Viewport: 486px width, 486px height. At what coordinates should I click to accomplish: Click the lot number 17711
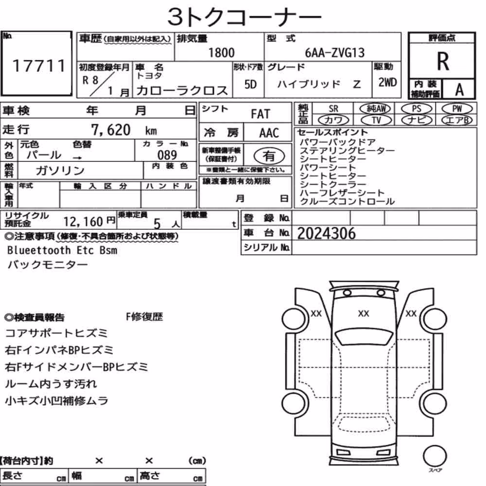coord(39,66)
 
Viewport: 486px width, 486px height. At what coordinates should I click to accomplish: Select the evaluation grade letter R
coord(443,61)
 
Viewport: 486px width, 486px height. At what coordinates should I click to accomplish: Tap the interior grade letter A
coord(459,89)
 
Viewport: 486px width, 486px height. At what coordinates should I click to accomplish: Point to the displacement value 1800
coord(221,52)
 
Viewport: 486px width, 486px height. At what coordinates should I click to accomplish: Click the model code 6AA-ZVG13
coord(335,52)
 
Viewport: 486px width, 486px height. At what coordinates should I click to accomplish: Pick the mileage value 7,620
coord(111,130)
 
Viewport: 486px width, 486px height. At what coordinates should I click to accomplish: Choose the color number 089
coord(167,155)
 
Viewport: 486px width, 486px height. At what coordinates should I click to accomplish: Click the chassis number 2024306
coord(327,233)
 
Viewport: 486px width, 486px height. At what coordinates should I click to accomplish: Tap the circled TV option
coord(376,120)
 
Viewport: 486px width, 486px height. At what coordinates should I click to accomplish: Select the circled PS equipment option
coord(417,108)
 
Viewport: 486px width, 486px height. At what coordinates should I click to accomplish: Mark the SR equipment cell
coord(333,109)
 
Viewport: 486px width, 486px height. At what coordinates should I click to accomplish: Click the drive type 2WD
coord(387,83)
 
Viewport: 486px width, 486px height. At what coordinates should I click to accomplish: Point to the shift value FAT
coord(260,114)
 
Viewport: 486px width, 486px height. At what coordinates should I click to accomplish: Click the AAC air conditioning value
coord(269,133)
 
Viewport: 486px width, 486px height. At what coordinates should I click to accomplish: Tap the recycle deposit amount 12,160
coord(83,222)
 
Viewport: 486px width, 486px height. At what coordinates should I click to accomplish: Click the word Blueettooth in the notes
coord(39,250)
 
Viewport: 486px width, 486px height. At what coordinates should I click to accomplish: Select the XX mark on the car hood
coord(363,313)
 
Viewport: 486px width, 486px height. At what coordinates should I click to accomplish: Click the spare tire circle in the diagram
coord(435,456)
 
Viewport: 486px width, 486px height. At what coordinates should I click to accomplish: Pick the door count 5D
coord(250,84)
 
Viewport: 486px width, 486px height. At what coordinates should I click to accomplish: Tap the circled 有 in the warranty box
coord(269,156)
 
